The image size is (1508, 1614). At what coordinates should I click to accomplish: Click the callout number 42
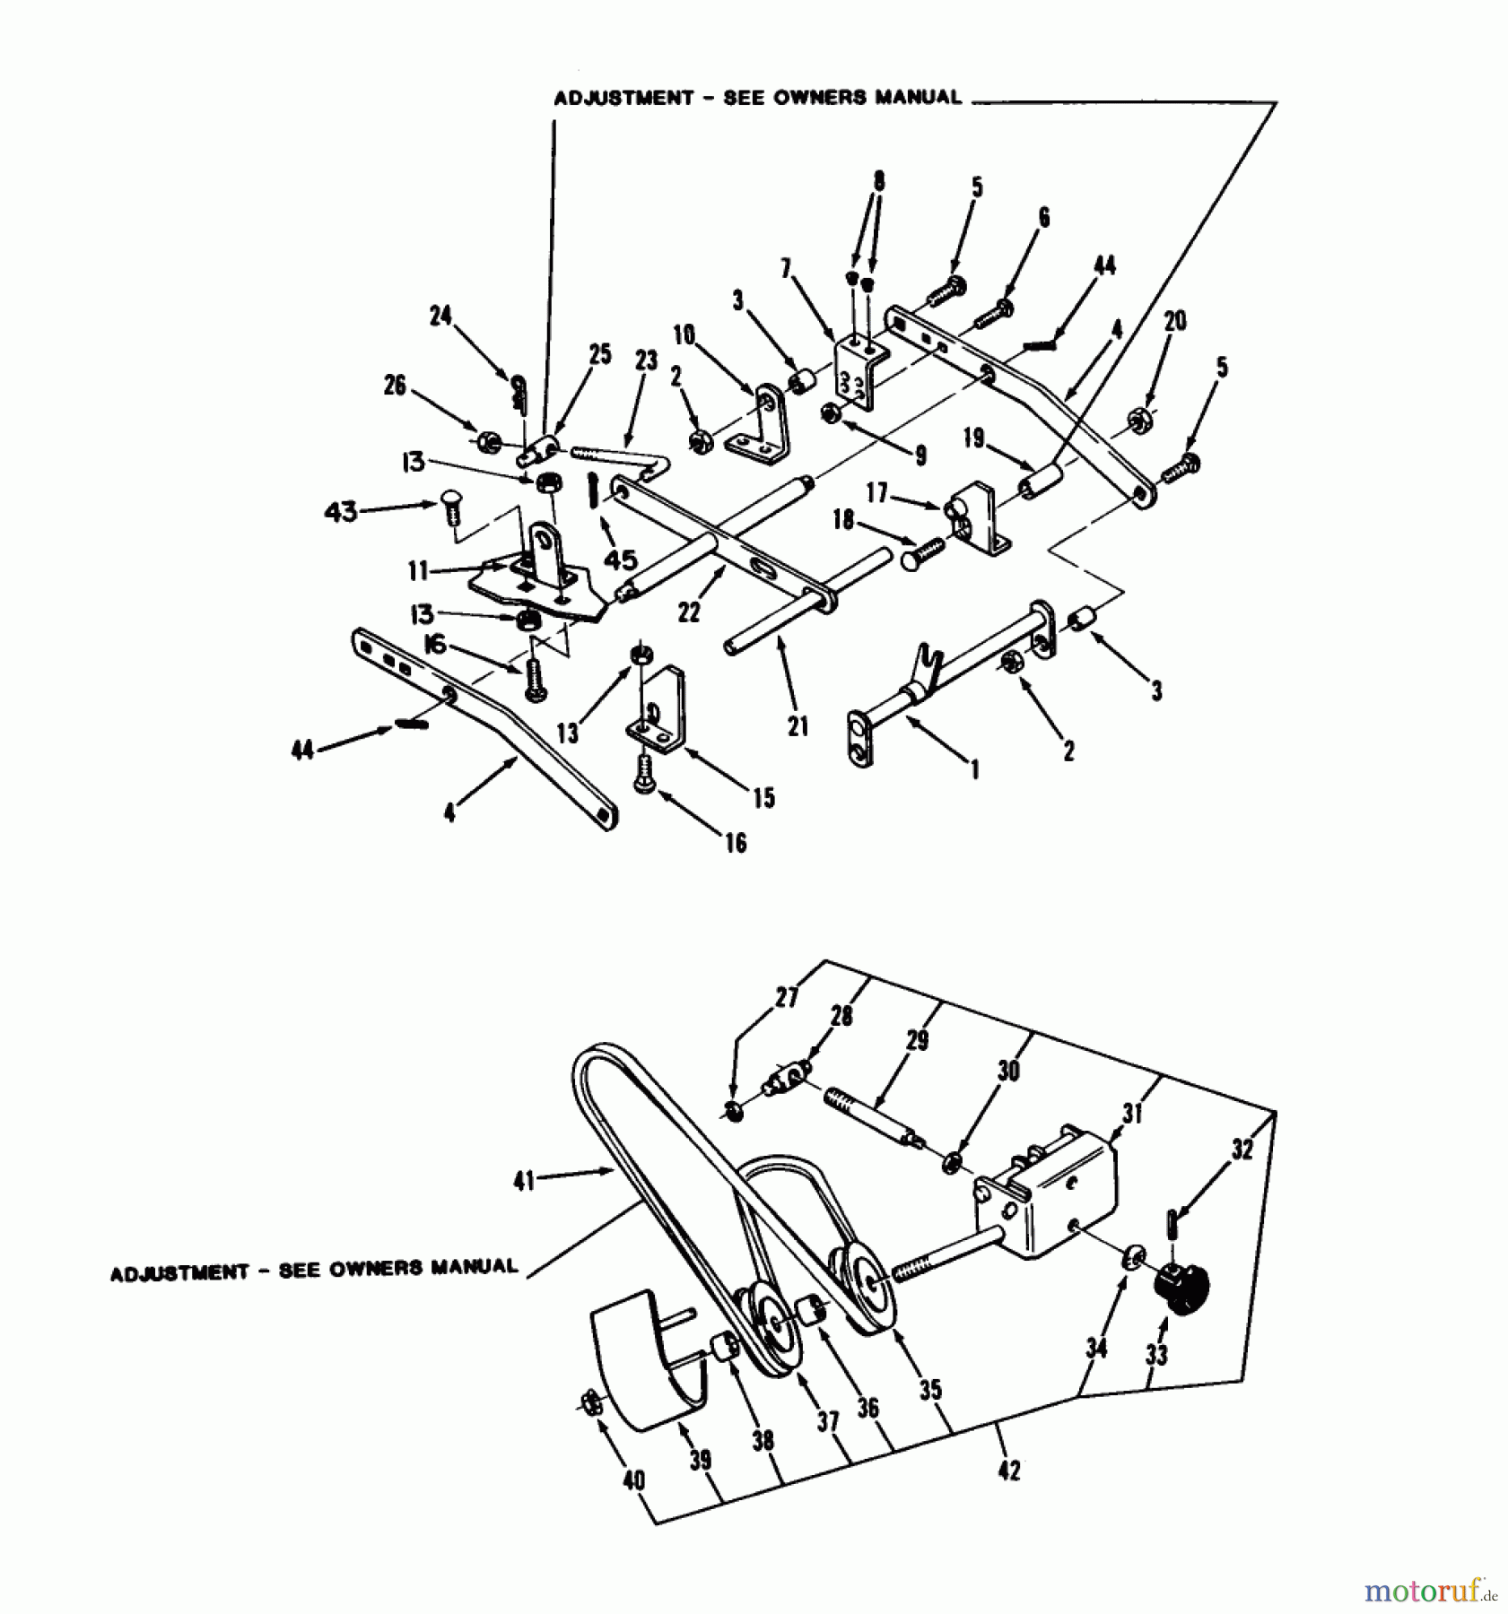point(1008,1471)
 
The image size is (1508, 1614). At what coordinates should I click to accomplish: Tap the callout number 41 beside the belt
point(523,1182)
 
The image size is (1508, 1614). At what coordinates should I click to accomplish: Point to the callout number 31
point(1132,1114)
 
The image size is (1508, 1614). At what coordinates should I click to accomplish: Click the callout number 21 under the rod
point(798,725)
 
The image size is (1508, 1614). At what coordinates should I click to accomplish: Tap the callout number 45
point(621,560)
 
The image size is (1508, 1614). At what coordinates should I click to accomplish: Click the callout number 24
point(440,317)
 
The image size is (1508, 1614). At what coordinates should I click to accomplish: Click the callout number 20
point(1174,321)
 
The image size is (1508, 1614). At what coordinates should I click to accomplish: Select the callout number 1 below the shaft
point(974,768)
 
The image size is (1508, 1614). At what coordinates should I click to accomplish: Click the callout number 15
point(763,797)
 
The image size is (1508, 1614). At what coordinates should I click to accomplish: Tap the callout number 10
point(684,335)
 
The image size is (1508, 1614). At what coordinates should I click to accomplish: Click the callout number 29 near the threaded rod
point(917,1040)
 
